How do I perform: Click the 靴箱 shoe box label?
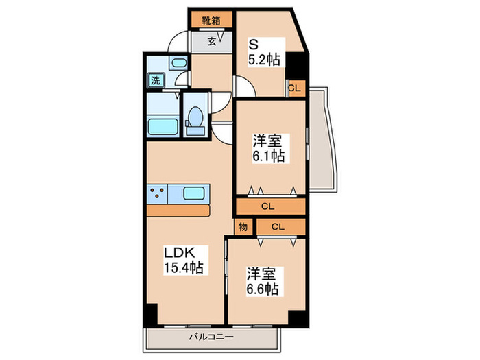pos(210,21)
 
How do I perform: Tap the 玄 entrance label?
pos(211,42)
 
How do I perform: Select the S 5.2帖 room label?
pos(263,52)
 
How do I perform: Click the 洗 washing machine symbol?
pos(156,80)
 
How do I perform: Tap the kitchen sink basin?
pos(186,194)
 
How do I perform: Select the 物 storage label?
pos(241,226)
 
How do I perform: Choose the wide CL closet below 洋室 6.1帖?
pos(269,204)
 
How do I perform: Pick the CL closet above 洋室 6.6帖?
pos(277,226)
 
